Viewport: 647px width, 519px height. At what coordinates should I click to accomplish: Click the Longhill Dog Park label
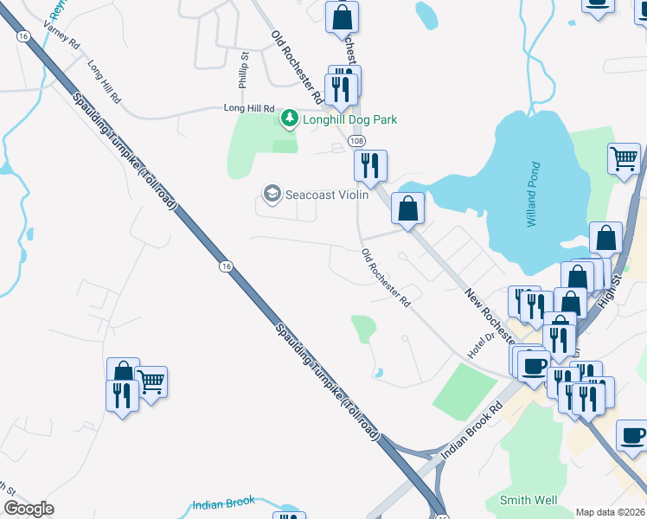click(349, 119)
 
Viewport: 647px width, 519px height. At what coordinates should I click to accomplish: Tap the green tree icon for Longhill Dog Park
click(290, 119)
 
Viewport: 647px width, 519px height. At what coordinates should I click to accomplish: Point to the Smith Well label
click(528, 500)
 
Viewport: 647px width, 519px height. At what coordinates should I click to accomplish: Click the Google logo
click(29, 509)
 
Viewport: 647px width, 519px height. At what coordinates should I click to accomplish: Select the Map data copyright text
click(610, 512)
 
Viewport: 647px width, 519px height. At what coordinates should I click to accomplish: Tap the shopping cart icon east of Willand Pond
click(624, 159)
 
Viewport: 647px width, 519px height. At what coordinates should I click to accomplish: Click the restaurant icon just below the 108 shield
click(370, 165)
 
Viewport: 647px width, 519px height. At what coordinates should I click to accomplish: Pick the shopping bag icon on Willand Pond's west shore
click(407, 208)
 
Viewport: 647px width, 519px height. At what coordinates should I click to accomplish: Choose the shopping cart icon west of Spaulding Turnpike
click(151, 381)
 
